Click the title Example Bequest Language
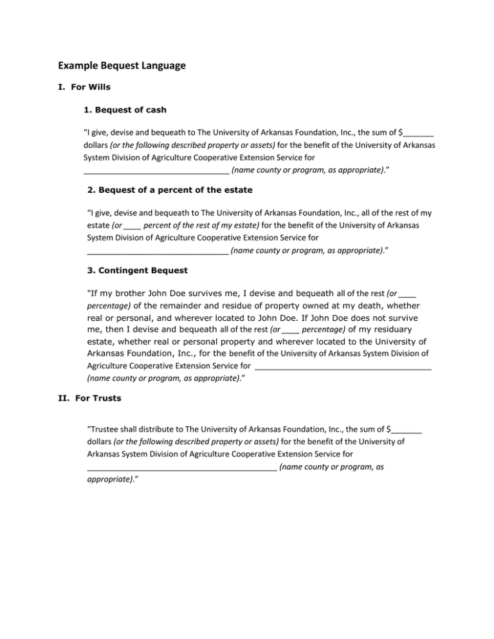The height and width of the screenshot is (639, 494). pyautogui.click(x=122, y=65)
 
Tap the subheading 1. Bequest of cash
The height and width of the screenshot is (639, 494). pyautogui.click(x=125, y=110)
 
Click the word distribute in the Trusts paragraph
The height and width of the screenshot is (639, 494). pyautogui.click(x=157, y=428)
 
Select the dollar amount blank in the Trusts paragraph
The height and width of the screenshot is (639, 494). pyautogui.click(x=407, y=428)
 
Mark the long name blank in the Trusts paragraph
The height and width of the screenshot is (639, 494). pyautogui.click(x=181, y=467)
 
